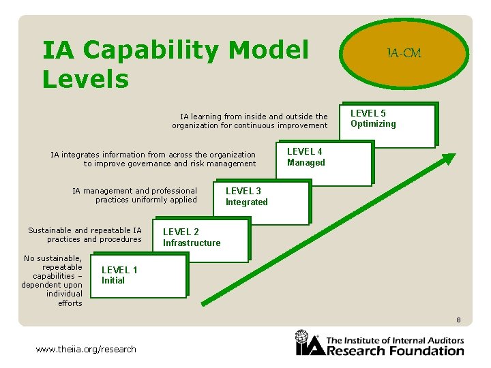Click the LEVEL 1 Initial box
click(x=139, y=276)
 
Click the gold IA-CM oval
click(x=404, y=54)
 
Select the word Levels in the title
click(x=85, y=79)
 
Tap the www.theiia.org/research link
click(x=86, y=349)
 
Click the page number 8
click(x=459, y=320)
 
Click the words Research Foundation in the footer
click(x=396, y=351)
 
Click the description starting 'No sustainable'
click(x=53, y=281)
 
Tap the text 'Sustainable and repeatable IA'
click(x=85, y=230)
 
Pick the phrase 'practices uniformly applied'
click(x=146, y=200)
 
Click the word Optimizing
click(x=373, y=124)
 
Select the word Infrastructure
click(x=192, y=243)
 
